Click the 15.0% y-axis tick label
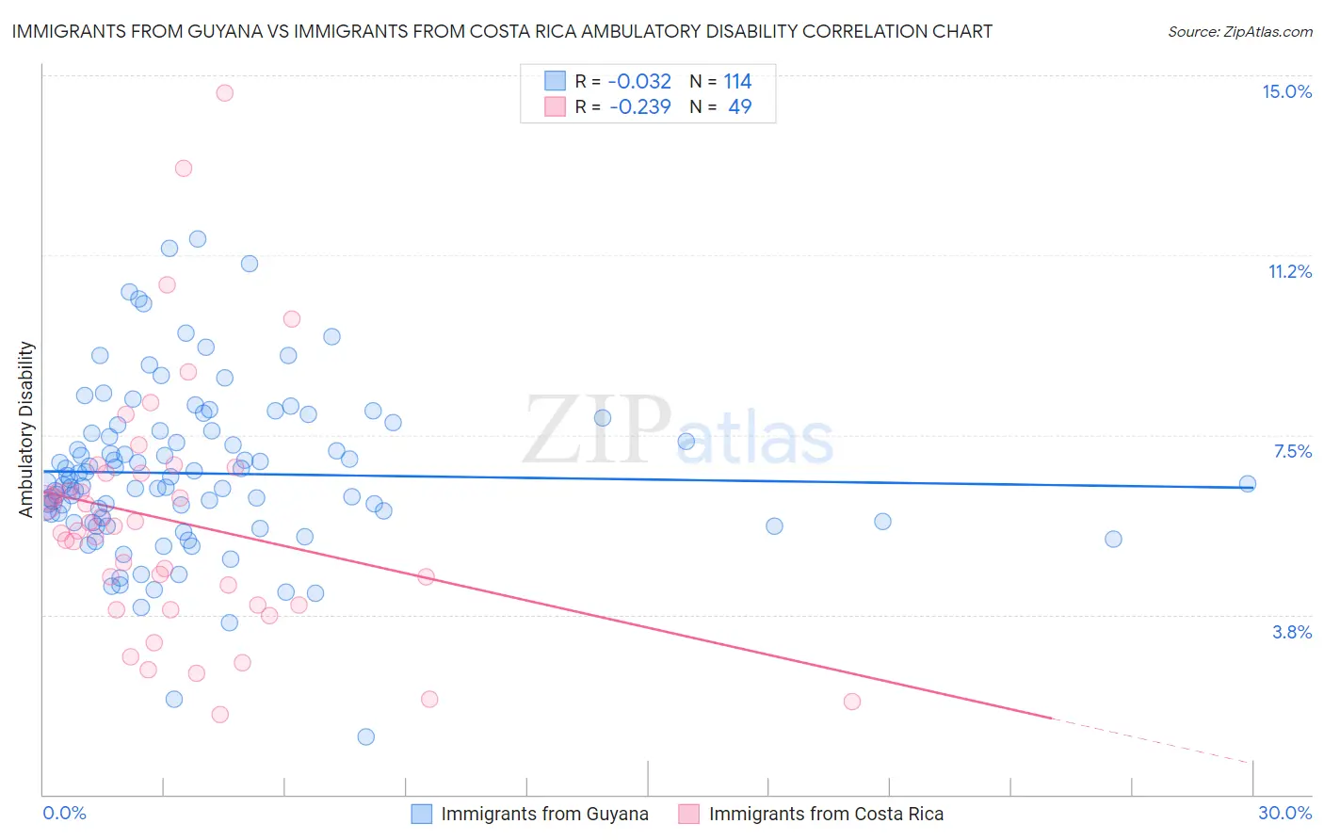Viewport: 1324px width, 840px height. pyautogui.click(x=1286, y=91)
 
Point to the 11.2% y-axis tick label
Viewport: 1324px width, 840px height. pyautogui.click(x=1289, y=271)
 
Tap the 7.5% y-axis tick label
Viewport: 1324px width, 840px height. pyautogui.click(x=1292, y=451)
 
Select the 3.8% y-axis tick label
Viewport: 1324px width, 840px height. pyautogui.click(x=1292, y=632)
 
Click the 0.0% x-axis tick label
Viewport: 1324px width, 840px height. pyautogui.click(x=64, y=813)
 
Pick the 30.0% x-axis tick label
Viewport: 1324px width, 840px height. pyautogui.click(x=1284, y=813)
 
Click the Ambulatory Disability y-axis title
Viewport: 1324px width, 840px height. pyautogui.click(x=26, y=428)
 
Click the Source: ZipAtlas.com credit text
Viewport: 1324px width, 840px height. pyautogui.click(x=1239, y=31)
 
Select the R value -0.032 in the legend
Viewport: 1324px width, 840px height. pyautogui.click(x=640, y=81)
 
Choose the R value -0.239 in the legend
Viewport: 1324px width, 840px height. pyautogui.click(x=640, y=106)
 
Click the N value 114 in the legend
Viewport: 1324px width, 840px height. pyautogui.click(x=737, y=81)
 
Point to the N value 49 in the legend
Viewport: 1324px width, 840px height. pyautogui.click(x=739, y=106)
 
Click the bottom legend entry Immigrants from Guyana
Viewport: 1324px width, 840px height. pyautogui.click(x=543, y=814)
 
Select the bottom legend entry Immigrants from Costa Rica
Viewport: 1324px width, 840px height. pyautogui.click(x=825, y=814)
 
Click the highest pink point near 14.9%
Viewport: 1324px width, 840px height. pyautogui.click(x=224, y=92)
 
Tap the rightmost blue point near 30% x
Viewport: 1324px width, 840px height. pyautogui.click(x=1247, y=483)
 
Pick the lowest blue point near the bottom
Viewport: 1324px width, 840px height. pyautogui.click(x=366, y=736)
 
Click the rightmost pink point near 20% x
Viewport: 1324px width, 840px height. pyautogui.click(x=852, y=701)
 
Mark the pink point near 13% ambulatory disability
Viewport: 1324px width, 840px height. pyautogui.click(x=184, y=168)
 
